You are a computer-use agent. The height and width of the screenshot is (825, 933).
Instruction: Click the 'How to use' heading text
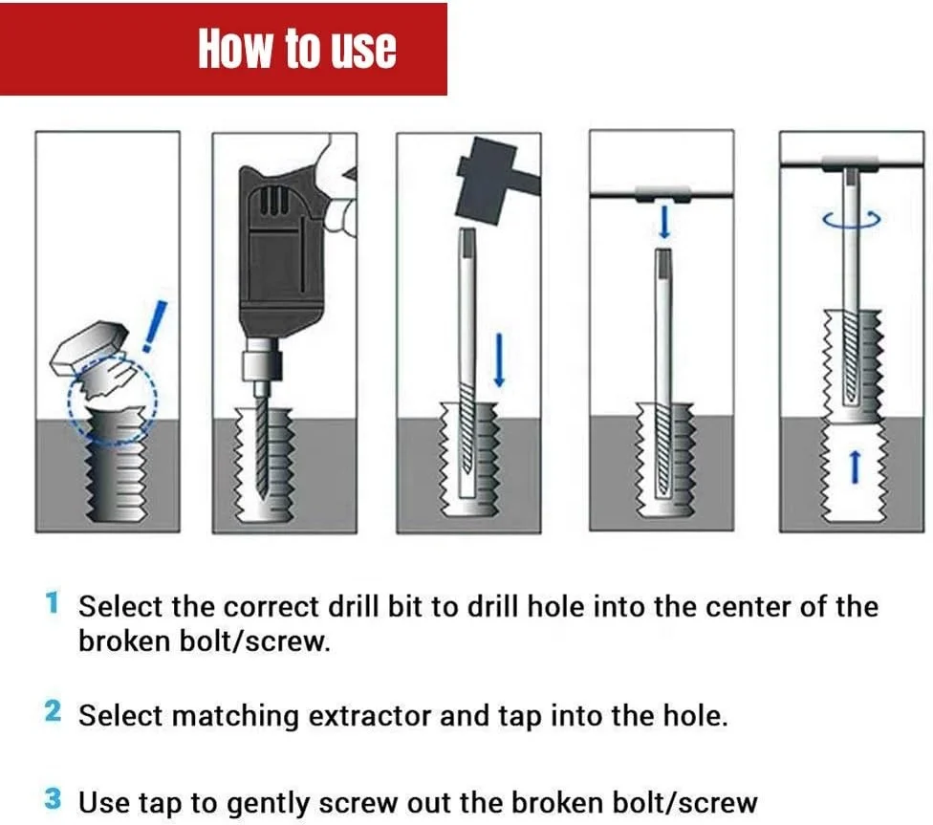click(x=296, y=48)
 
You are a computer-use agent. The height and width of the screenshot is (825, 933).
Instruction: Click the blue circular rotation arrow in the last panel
click(x=850, y=219)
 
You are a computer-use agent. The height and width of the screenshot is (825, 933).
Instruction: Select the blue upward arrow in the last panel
click(x=856, y=467)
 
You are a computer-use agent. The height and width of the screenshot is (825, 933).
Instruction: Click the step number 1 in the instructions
click(x=53, y=603)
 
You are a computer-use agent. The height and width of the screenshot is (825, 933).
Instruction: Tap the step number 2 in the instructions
click(x=54, y=712)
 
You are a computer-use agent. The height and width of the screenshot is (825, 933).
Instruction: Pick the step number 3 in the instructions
click(x=54, y=799)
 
